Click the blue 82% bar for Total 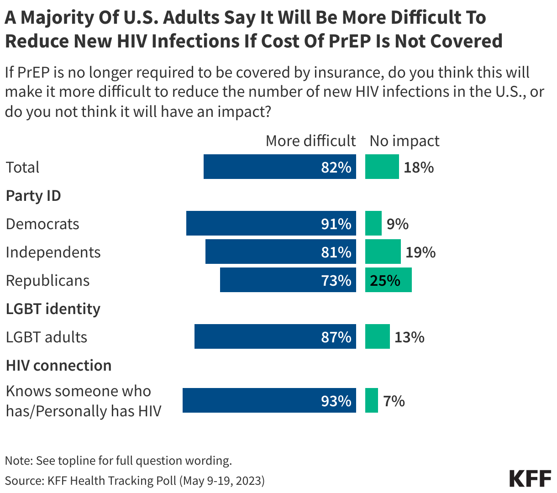point(279,167)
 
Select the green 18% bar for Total point(382,167)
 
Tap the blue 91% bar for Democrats point(271,223)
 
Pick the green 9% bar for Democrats point(373,223)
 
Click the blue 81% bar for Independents point(280,252)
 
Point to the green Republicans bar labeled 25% point(388,280)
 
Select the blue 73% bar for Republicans point(288,280)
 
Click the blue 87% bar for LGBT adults point(275,336)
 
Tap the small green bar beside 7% point(371,400)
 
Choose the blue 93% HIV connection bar point(269,400)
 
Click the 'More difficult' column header point(310,141)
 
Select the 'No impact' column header point(404,141)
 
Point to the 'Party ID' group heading point(33,196)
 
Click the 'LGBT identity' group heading point(53,309)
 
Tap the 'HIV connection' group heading point(58,366)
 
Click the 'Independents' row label point(53,252)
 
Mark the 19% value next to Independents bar point(420,252)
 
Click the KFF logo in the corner point(530,477)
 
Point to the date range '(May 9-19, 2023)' point(221,481)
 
